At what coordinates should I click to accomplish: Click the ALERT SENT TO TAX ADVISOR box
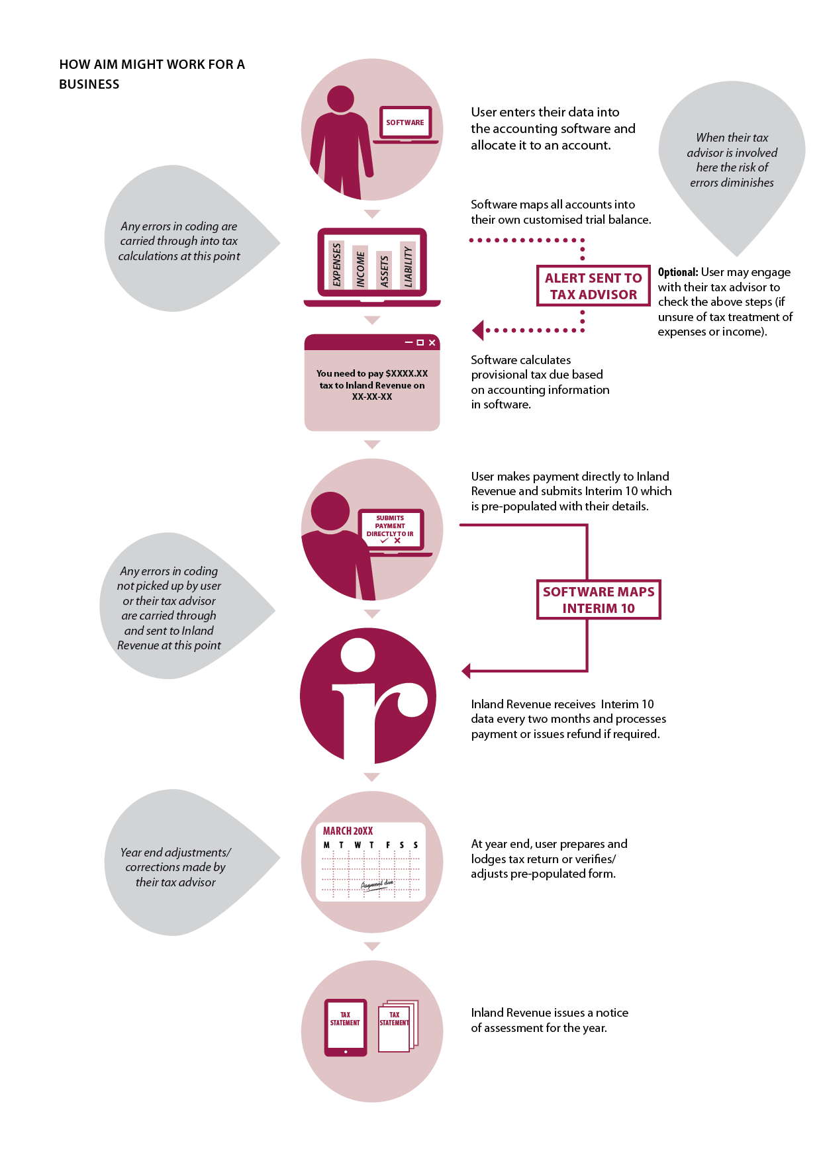(x=593, y=286)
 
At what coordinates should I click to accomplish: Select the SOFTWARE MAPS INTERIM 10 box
(x=599, y=600)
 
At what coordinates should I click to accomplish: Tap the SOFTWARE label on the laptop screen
(x=405, y=122)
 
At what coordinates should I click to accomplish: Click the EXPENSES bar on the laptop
(x=336, y=264)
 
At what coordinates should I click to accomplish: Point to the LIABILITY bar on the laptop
(x=409, y=267)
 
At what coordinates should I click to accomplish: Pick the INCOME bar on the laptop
(x=360, y=268)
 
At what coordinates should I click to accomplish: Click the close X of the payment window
(x=432, y=342)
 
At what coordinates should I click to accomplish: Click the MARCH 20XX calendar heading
(x=348, y=831)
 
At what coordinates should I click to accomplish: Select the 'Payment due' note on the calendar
(x=377, y=884)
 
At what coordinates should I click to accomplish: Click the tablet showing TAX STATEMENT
(x=345, y=1027)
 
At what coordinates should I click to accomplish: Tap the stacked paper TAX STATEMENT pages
(x=396, y=1026)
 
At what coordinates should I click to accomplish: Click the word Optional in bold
(x=677, y=272)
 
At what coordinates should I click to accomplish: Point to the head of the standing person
(x=340, y=99)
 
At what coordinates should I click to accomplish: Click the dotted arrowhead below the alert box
(x=478, y=330)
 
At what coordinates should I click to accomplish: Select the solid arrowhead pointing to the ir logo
(x=466, y=671)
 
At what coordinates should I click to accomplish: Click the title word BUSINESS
(x=89, y=84)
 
